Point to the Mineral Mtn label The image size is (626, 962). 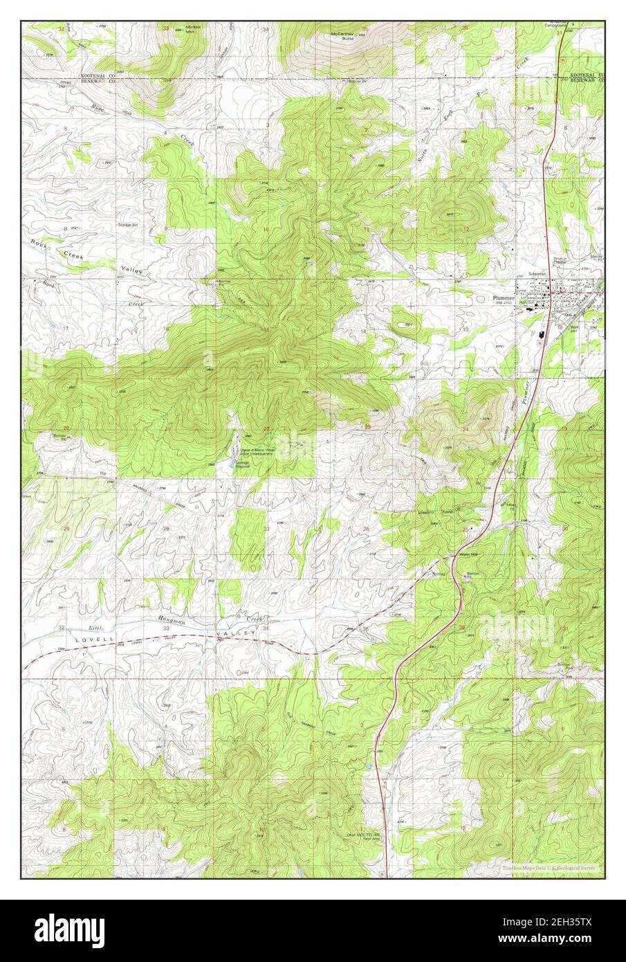183,30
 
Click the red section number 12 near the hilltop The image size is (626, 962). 468,228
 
